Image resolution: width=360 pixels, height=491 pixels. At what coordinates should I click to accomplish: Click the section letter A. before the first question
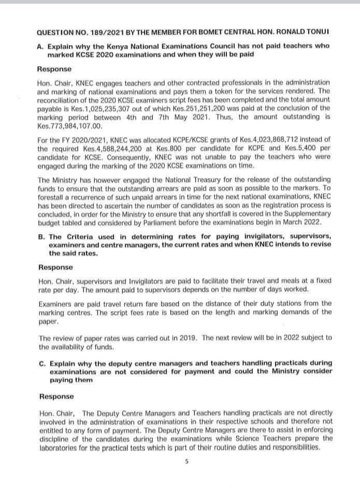pos(41,46)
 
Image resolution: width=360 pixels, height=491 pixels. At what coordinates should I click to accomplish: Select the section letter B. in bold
pos(41,236)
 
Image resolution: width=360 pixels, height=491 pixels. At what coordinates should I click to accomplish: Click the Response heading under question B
pos(55,267)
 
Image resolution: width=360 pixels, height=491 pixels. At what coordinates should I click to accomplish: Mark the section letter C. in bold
pos(41,363)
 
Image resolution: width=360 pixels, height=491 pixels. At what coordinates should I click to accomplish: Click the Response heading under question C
pos(56,396)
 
